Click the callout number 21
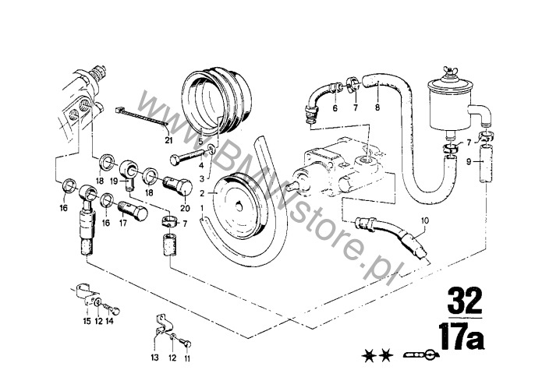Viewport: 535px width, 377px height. click(x=168, y=140)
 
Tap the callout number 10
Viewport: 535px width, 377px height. click(x=424, y=220)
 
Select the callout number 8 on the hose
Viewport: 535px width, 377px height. click(x=377, y=107)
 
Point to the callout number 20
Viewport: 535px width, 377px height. click(x=186, y=208)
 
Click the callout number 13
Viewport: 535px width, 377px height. click(x=154, y=358)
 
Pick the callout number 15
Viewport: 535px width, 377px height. click(x=87, y=321)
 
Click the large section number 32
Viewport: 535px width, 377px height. click(x=465, y=301)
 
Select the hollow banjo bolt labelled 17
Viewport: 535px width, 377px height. click(x=133, y=210)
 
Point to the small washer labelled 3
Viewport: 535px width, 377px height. click(x=211, y=149)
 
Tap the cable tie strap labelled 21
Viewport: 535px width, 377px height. click(x=141, y=116)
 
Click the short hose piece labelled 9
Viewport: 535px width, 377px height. click(x=486, y=164)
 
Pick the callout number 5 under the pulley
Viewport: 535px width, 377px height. click(x=200, y=141)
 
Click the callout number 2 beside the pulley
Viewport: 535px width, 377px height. click(x=202, y=193)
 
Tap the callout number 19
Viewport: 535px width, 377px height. click(x=115, y=181)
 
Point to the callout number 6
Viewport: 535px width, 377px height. click(x=335, y=108)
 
